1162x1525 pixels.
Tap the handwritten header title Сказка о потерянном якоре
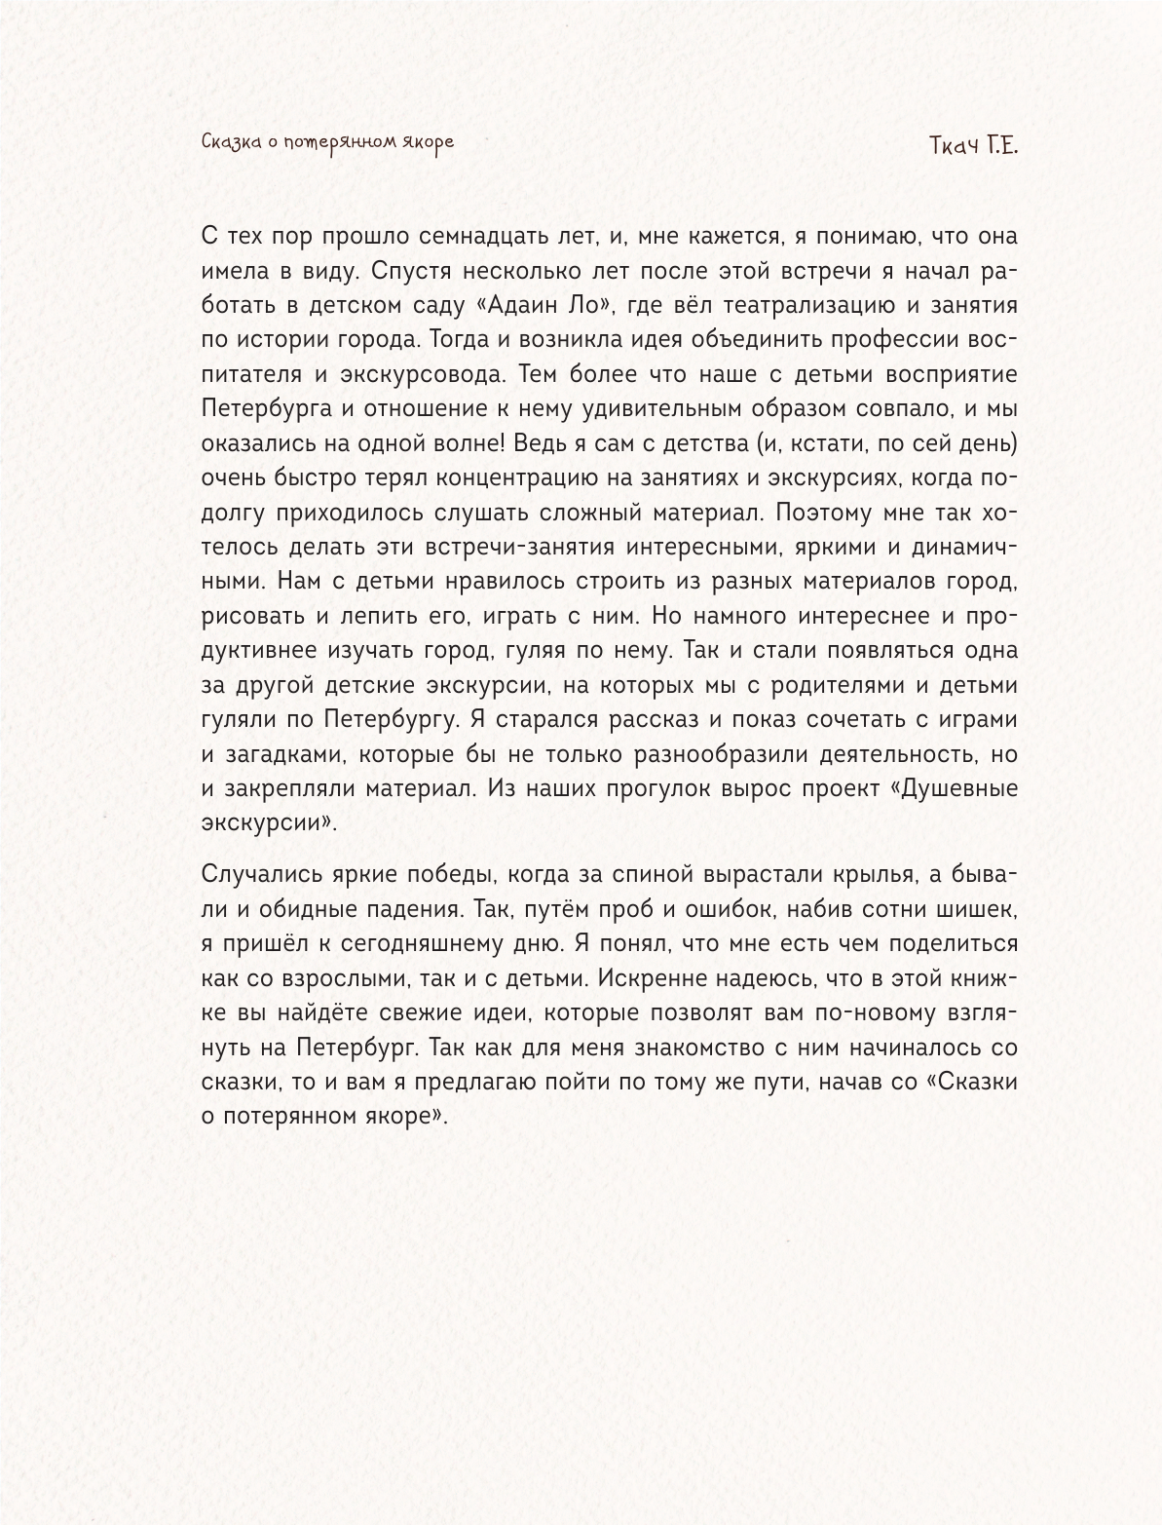tap(327, 142)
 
